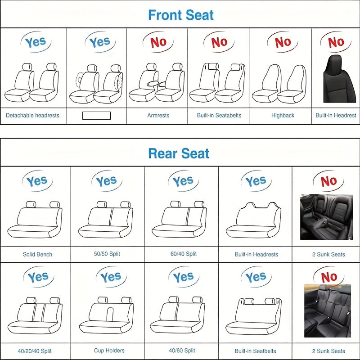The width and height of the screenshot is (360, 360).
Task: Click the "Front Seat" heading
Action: [x=181, y=15]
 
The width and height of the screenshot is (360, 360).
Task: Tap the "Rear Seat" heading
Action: [x=179, y=153]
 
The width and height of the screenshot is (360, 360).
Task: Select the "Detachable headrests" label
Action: [x=32, y=116]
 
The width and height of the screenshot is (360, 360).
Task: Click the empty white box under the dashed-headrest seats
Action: [x=96, y=116]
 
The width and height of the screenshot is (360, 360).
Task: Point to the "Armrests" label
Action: [x=158, y=116]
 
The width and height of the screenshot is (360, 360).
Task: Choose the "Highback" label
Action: [x=283, y=116]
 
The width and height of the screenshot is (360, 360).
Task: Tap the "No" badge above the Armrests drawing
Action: [x=158, y=42]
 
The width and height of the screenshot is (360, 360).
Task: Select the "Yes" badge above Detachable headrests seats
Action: [x=36, y=42]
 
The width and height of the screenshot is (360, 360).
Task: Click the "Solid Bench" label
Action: [x=37, y=254]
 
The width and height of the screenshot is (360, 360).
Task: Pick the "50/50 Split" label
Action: [x=107, y=254]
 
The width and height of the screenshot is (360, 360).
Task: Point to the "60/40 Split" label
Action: [x=184, y=254]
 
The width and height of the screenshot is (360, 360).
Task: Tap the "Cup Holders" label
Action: [x=109, y=351]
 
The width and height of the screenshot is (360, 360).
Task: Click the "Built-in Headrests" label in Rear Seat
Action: [x=256, y=254]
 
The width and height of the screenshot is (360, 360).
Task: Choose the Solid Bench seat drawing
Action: [x=38, y=220]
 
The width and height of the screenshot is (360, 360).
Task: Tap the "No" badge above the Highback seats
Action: [x=283, y=42]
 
